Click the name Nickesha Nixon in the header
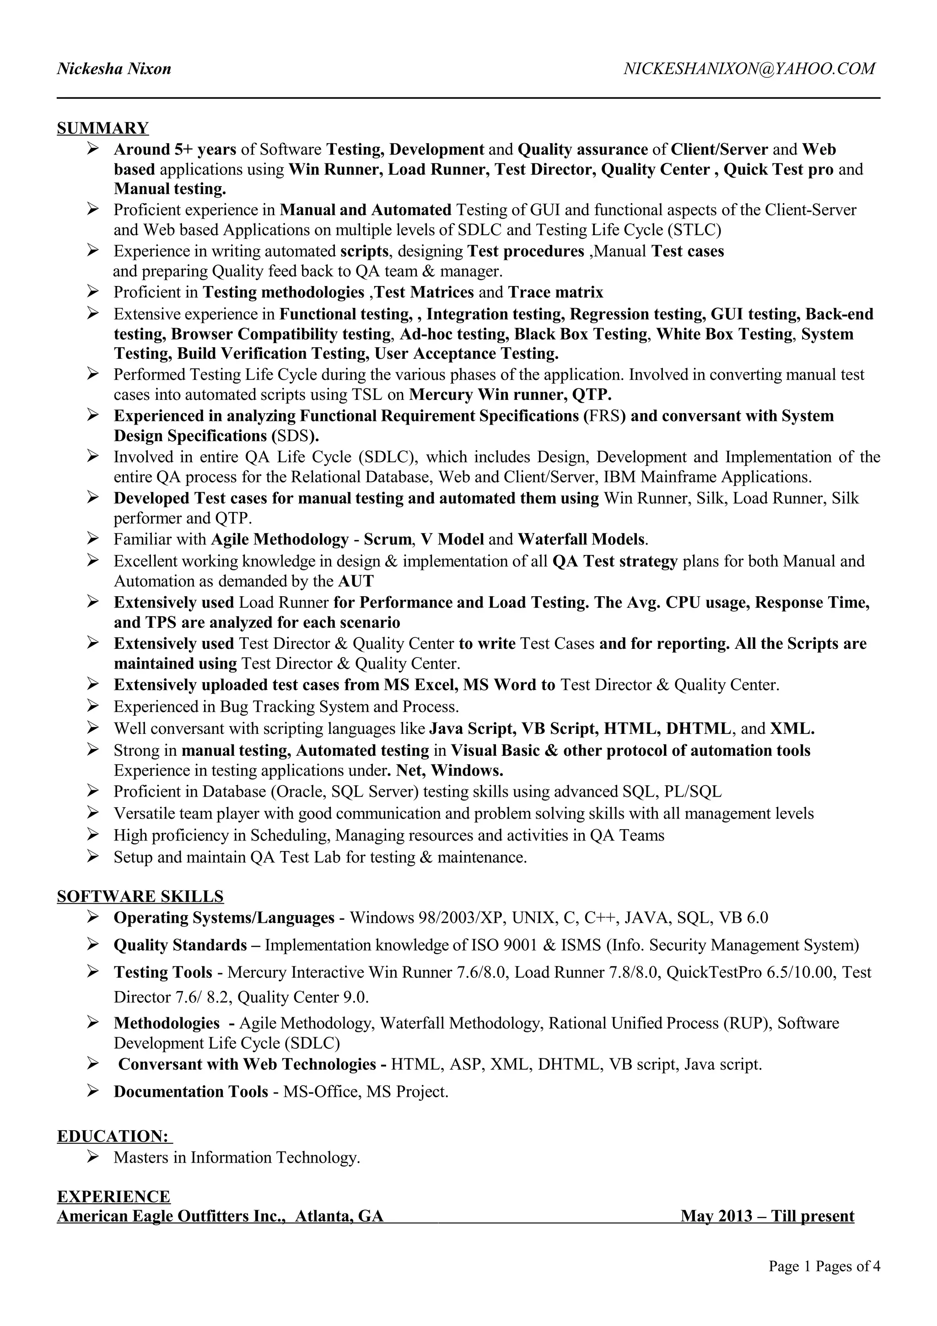coord(114,69)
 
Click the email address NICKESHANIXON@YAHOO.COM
coord(749,69)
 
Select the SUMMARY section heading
coord(103,128)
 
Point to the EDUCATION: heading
coord(114,1136)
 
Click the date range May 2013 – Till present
coord(767,1216)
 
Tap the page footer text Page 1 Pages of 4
coord(824,1266)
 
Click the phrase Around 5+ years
coord(175,150)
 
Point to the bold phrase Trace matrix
coord(555,292)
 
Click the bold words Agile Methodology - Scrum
coord(311,539)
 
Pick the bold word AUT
coord(355,581)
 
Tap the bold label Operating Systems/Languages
coord(224,918)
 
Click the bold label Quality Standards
coord(180,945)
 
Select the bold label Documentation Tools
coord(190,1092)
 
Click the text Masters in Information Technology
coord(237,1157)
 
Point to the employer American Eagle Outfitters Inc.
coord(172,1216)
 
